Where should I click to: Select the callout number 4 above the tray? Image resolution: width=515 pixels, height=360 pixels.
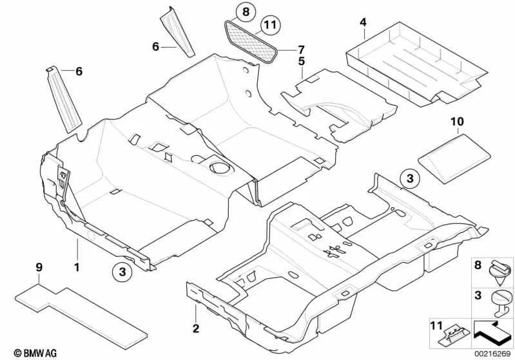tap(363, 23)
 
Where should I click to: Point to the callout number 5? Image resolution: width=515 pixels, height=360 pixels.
tap(301, 61)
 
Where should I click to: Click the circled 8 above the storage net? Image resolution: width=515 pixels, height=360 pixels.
tap(244, 10)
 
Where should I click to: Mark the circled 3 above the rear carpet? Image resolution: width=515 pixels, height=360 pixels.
tap(407, 178)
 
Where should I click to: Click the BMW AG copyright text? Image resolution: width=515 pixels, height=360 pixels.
tap(24, 352)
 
